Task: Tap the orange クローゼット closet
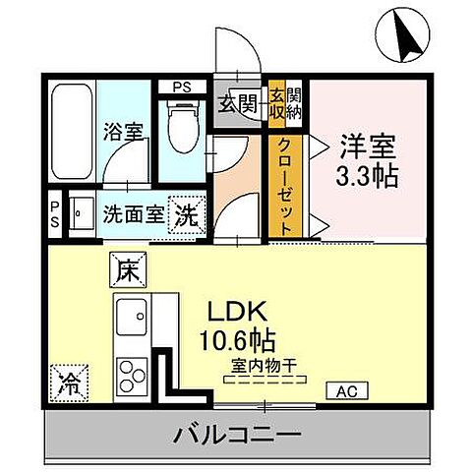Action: click(284, 184)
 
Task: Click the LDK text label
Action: click(235, 314)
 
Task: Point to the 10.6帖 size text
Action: click(238, 343)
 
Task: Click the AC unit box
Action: click(346, 391)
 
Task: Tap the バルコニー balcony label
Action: click(236, 433)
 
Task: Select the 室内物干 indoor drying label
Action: click(265, 367)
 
